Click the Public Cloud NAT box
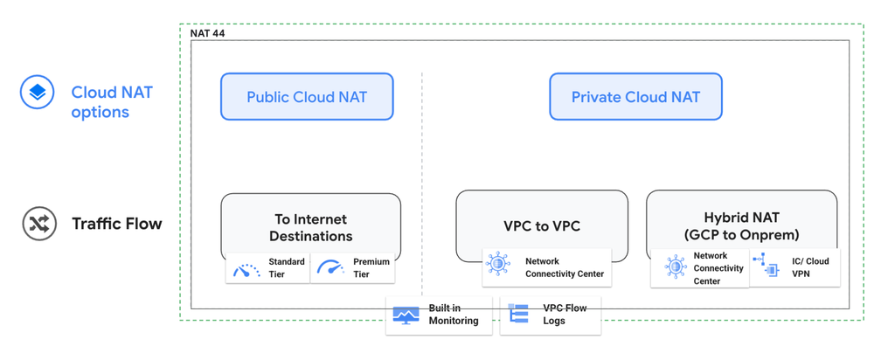pos(307,97)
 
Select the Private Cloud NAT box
pos(635,97)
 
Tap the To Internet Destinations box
pos(310,226)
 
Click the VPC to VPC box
pos(542,225)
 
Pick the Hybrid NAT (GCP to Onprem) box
pos(741,225)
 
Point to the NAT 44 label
pos(207,33)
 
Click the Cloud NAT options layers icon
pos(38,92)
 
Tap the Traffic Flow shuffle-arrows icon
pos(38,224)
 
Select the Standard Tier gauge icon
pos(246,268)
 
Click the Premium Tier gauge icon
pos(330,268)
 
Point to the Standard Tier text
pos(287,268)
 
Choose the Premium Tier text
pos(371,268)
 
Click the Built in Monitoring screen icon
pos(406,315)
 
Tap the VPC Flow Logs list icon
pos(519,315)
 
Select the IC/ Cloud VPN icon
pos(769,267)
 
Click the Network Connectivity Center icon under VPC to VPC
pos(498,267)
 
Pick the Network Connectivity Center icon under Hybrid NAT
pos(674,267)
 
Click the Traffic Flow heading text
pos(117,224)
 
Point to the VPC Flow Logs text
pos(565,315)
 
